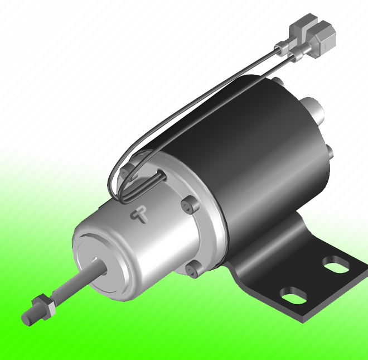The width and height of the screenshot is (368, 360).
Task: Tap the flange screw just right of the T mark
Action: pyautogui.click(x=188, y=205)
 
